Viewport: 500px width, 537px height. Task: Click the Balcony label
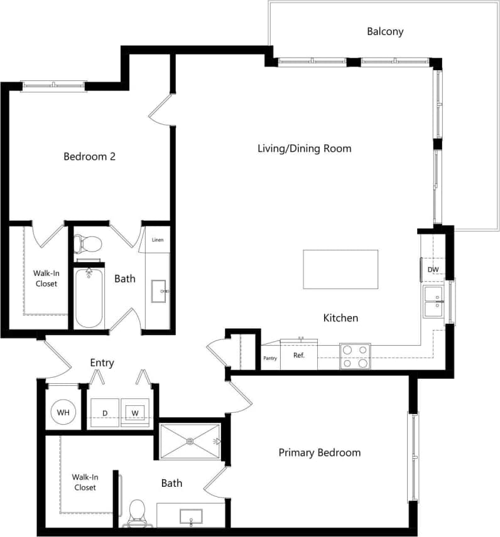385,31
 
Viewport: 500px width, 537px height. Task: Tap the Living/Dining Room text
304,149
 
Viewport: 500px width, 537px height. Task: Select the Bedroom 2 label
89,156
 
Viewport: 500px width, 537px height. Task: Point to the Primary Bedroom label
319,452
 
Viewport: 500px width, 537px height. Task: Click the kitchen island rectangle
340,269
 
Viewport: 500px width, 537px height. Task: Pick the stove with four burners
355,356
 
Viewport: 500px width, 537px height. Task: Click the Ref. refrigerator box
299,356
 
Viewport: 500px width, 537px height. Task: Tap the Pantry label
270,358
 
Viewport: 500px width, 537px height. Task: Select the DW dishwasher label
432,270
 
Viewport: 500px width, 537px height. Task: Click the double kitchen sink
434,301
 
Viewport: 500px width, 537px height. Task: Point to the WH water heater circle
63,412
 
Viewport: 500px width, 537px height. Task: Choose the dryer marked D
105,413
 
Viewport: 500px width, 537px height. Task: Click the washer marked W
134,412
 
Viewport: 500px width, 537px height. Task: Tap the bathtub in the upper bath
89,297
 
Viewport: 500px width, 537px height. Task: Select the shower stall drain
190,441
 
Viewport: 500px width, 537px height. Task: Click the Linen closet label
158,240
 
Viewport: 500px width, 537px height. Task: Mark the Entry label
101,363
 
